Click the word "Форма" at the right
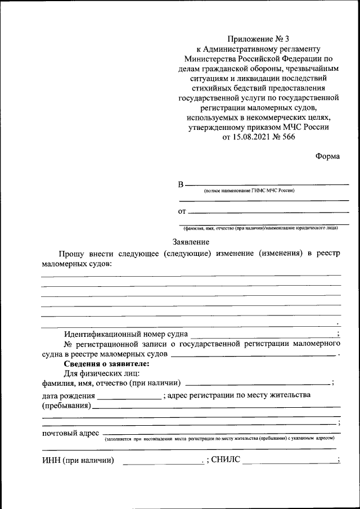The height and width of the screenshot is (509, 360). [x=327, y=156]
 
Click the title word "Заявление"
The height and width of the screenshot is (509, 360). [x=191, y=242]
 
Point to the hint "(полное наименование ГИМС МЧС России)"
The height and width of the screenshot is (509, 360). [x=249, y=191]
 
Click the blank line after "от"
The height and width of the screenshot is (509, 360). [x=269, y=211]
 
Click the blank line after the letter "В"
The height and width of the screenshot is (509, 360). [x=267, y=184]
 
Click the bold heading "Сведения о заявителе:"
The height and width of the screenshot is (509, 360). [x=103, y=364]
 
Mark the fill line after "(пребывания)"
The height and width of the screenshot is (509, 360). [x=216, y=407]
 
